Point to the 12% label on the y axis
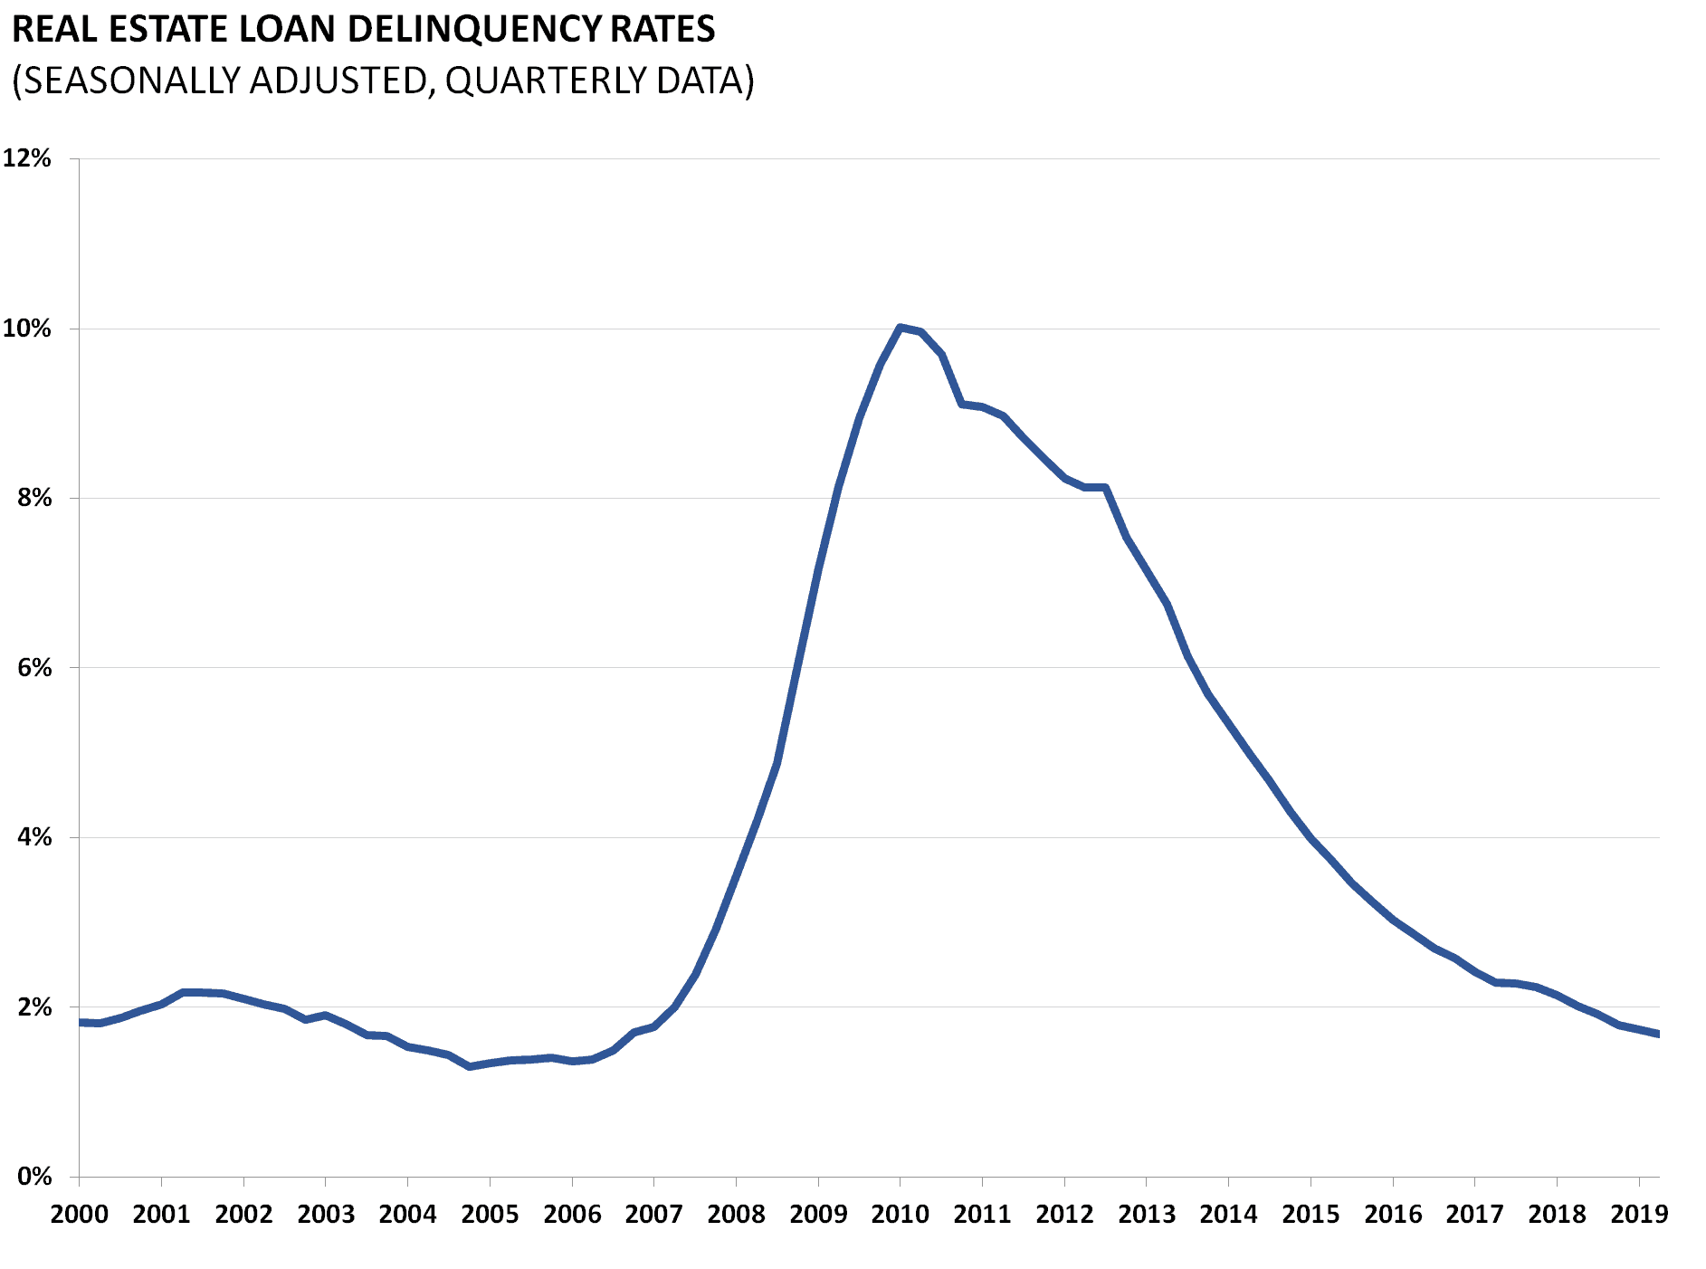click(x=27, y=158)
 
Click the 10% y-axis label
click(x=27, y=329)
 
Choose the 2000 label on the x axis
click(x=79, y=1214)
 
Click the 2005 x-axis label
click(x=490, y=1214)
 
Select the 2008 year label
click(x=736, y=1214)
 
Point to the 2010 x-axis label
click(x=900, y=1214)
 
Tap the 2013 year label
click(x=1146, y=1214)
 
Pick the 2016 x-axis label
click(x=1393, y=1214)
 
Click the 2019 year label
click(x=1638, y=1214)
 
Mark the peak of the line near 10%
click(x=900, y=327)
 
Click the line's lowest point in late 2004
click(x=469, y=1067)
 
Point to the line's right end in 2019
click(x=1657, y=1034)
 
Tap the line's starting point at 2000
click(x=81, y=1022)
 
